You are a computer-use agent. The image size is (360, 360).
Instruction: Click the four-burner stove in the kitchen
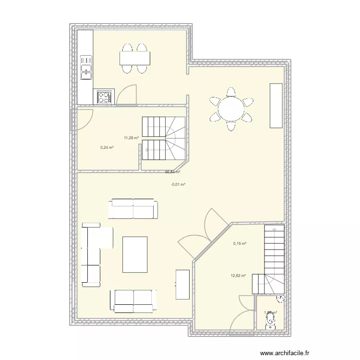click(105, 97)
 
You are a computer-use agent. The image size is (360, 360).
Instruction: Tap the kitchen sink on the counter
click(86, 67)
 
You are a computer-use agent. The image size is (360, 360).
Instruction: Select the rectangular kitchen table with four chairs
click(134, 59)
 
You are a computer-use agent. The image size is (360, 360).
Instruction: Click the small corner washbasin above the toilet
click(281, 299)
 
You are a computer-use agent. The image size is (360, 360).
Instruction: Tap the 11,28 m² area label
click(131, 138)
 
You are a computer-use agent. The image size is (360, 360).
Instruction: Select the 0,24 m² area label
click(107, 147)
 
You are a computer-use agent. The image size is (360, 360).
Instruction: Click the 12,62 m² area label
click(238, 276)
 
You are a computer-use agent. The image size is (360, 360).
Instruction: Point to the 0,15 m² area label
click(240, 243)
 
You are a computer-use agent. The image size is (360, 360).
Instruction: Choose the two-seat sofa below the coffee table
click(133, 300)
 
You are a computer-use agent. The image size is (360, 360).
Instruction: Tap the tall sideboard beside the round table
click(276, 106)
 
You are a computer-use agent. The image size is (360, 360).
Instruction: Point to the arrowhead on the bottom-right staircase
click(274, 229)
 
